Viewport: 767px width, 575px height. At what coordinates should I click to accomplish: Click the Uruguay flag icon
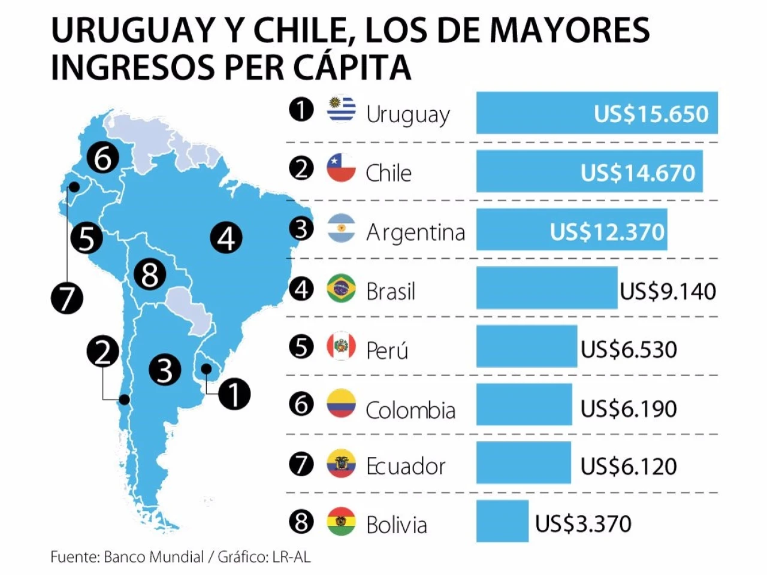click(x=342, y=110)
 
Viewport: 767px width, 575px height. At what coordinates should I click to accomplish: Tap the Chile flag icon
click(x=342, y=168)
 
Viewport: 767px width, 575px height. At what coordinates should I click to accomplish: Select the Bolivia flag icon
click(x=342, y=522)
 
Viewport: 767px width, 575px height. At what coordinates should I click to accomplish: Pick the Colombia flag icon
click(x=342, y=404)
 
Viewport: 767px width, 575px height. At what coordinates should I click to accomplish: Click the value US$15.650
click(x=651, y=114)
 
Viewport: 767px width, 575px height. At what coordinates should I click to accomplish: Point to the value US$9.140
click(x=668, y=291)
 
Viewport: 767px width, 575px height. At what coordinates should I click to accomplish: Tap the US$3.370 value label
click(x=583, y=523)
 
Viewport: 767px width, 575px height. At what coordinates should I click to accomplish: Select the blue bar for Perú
click(x=527, y=346)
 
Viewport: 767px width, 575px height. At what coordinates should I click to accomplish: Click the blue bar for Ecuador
click(x=524, y=462)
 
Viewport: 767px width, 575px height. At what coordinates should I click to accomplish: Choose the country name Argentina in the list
click(x=415, y=232)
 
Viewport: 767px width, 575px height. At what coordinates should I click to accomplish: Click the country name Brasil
click(x=391, y=291)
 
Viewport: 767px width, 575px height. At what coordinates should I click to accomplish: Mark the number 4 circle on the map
click(x=227, y=238)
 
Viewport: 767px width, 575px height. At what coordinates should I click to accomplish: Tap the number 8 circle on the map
click(x=150, y=275)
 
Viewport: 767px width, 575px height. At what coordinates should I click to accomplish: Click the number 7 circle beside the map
click(x=67, y=298)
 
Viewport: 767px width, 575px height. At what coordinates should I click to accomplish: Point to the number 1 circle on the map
click(x=234, y=394)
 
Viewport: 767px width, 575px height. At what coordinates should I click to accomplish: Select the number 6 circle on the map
click(x=102, y=159)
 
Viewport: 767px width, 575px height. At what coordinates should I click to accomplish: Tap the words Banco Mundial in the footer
click(x=154, y=557)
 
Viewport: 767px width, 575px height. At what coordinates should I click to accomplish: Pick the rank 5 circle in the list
click(x=301, y=347)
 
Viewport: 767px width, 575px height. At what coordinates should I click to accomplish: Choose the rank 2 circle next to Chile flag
click(x=301, y=168)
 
